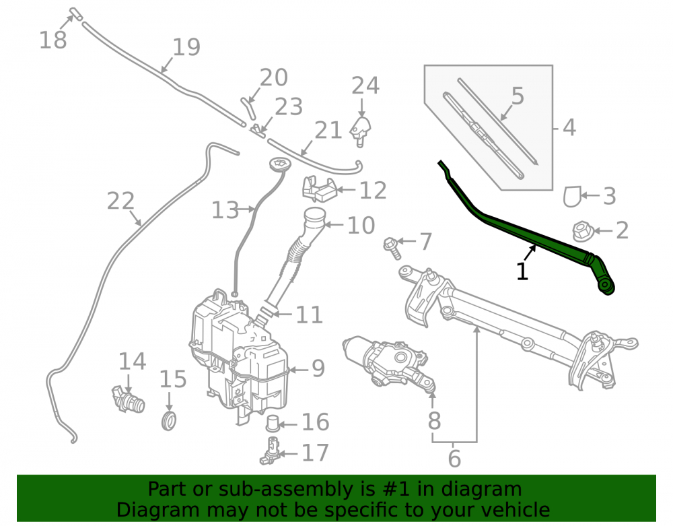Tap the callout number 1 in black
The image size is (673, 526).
coord(522,271)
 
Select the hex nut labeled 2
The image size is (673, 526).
coord(583,231)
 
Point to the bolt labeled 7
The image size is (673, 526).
coord(392,249)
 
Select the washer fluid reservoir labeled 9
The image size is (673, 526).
coord(239,356)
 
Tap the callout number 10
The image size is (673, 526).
coord(361,225)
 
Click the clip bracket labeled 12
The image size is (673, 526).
coord(320,189)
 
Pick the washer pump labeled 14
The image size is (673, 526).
coord(129,399)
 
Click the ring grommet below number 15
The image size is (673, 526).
coord(169,420)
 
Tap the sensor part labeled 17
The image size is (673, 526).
coord(270,451)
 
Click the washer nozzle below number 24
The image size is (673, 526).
coord(361,131)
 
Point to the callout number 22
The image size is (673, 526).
coord(120,201)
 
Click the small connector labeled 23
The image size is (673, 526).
coord(258,130)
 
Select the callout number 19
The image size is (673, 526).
coord(186,47)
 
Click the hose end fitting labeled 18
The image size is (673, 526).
coord(75,13)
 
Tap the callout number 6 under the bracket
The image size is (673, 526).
coord(454,459)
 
